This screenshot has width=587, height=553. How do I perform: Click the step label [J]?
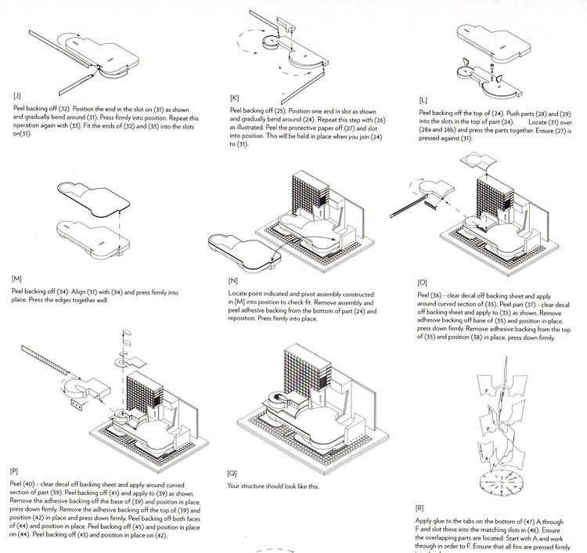coord(17,95)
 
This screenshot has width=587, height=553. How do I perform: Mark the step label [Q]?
coord(231,473)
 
